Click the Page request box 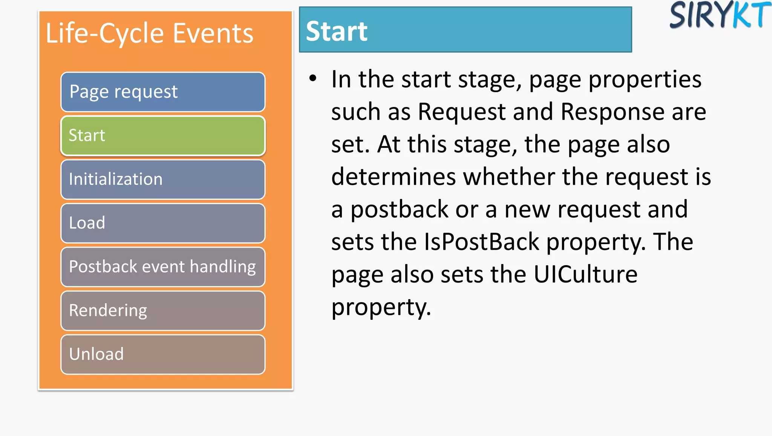coord(163,92)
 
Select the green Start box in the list coord(163,136)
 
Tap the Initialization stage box coord(163,180)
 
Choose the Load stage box coord(163,223)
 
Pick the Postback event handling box coord(163,267)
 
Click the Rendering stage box coord(163,311)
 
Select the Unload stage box coord(163,355)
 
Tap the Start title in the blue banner coord(337,31)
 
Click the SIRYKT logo coord(720,15)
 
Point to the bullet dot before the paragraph coord(313,79)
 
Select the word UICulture coord(585,275)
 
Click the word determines coord(394,177)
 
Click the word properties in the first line coord(645,80)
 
